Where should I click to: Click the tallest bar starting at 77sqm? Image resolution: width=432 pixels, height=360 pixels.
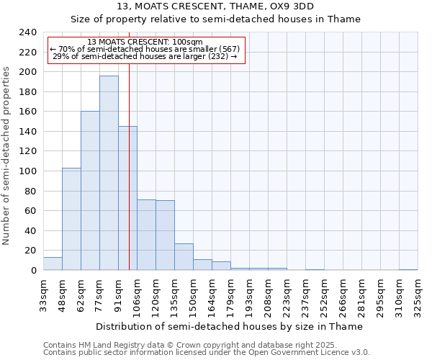[x=109, y=173]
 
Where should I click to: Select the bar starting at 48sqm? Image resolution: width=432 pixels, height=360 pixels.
[x=71, y=219]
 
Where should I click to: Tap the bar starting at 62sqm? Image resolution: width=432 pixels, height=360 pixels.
[x=90, y=191]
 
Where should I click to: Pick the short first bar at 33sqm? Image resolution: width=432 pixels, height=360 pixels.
[x=53, y=264]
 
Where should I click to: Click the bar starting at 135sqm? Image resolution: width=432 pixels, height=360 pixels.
[x=184, y=256]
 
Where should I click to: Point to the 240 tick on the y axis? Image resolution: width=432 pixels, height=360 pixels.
[x=27, y=32]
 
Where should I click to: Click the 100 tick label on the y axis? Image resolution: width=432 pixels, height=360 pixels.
[x=27, y=171]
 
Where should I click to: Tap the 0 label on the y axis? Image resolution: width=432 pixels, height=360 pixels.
[x=33, y=271]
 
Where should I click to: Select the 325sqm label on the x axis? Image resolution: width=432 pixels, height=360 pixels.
[x=418, y=297]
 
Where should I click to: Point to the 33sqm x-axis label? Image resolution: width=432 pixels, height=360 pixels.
[x=44, y=297]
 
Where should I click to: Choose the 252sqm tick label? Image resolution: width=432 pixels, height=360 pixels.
[x=325, y=297]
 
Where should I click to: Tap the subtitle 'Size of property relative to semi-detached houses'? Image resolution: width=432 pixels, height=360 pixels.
[x=216, y=19]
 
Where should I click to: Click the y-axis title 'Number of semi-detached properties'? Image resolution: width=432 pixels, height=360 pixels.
[x=7, y=156]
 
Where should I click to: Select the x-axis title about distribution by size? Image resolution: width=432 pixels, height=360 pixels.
[x=229, y=326]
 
